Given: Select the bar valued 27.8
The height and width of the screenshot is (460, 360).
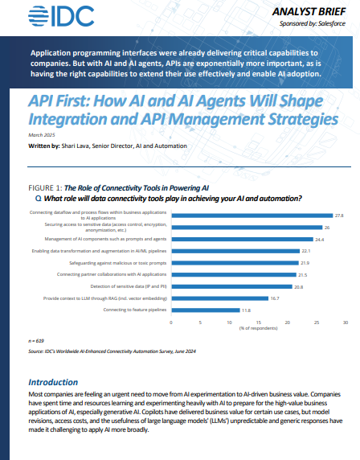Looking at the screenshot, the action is (x=252, y=216).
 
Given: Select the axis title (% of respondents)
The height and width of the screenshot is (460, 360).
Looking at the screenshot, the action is (x=259, y=329).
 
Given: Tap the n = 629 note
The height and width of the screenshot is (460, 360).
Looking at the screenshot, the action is (x=36, y=341).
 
